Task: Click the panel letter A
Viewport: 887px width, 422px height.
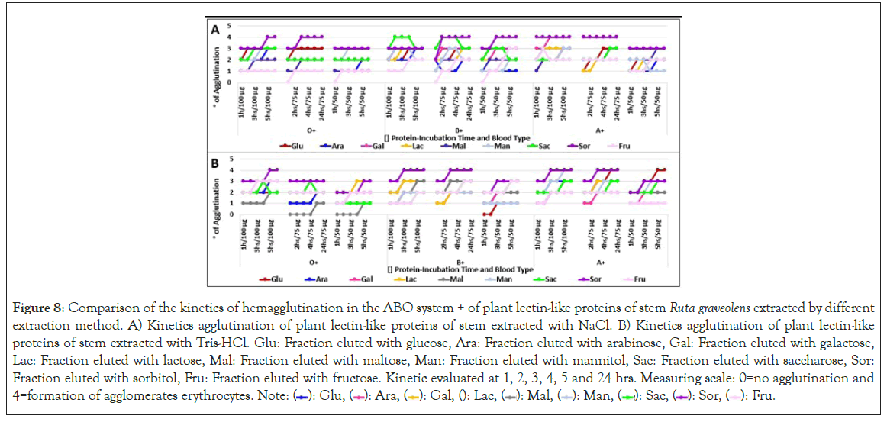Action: click(216, 30)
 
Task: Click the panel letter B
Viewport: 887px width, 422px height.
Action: click(216, 163)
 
